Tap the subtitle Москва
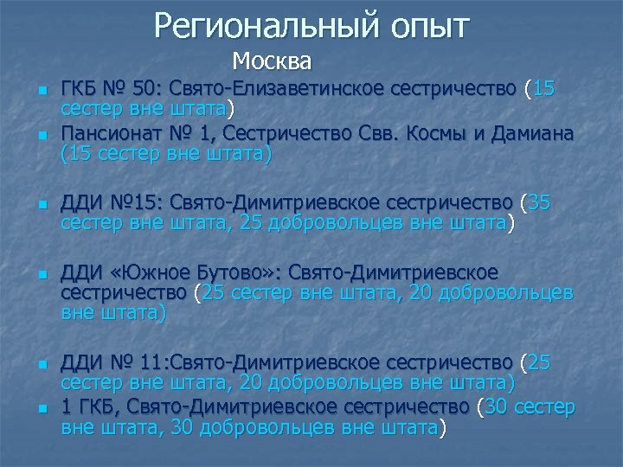(x=272, y=63)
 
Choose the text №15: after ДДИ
(x=138, y=203)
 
